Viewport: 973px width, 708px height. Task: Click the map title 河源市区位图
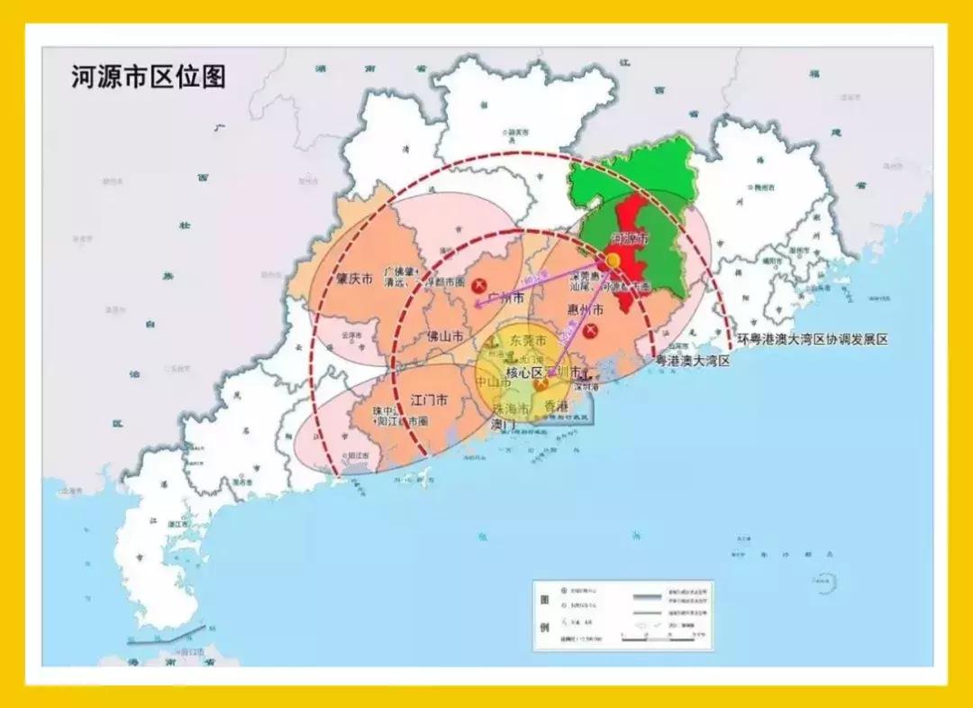149,77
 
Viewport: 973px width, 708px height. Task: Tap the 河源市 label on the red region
630,239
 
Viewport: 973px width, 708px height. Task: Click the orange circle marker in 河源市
613,261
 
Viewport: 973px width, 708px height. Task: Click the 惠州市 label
585,310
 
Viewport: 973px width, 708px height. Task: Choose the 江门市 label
431,398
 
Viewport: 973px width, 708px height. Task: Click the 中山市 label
494,382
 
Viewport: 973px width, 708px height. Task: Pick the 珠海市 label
510,409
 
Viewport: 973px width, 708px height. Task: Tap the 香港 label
557,408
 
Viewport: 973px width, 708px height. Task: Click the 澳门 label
503,423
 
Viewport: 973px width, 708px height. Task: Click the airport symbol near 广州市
492,283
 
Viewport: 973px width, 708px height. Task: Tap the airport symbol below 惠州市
590,332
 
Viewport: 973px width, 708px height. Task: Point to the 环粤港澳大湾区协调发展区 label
813,339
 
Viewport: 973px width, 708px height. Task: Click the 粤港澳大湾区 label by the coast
692,360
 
